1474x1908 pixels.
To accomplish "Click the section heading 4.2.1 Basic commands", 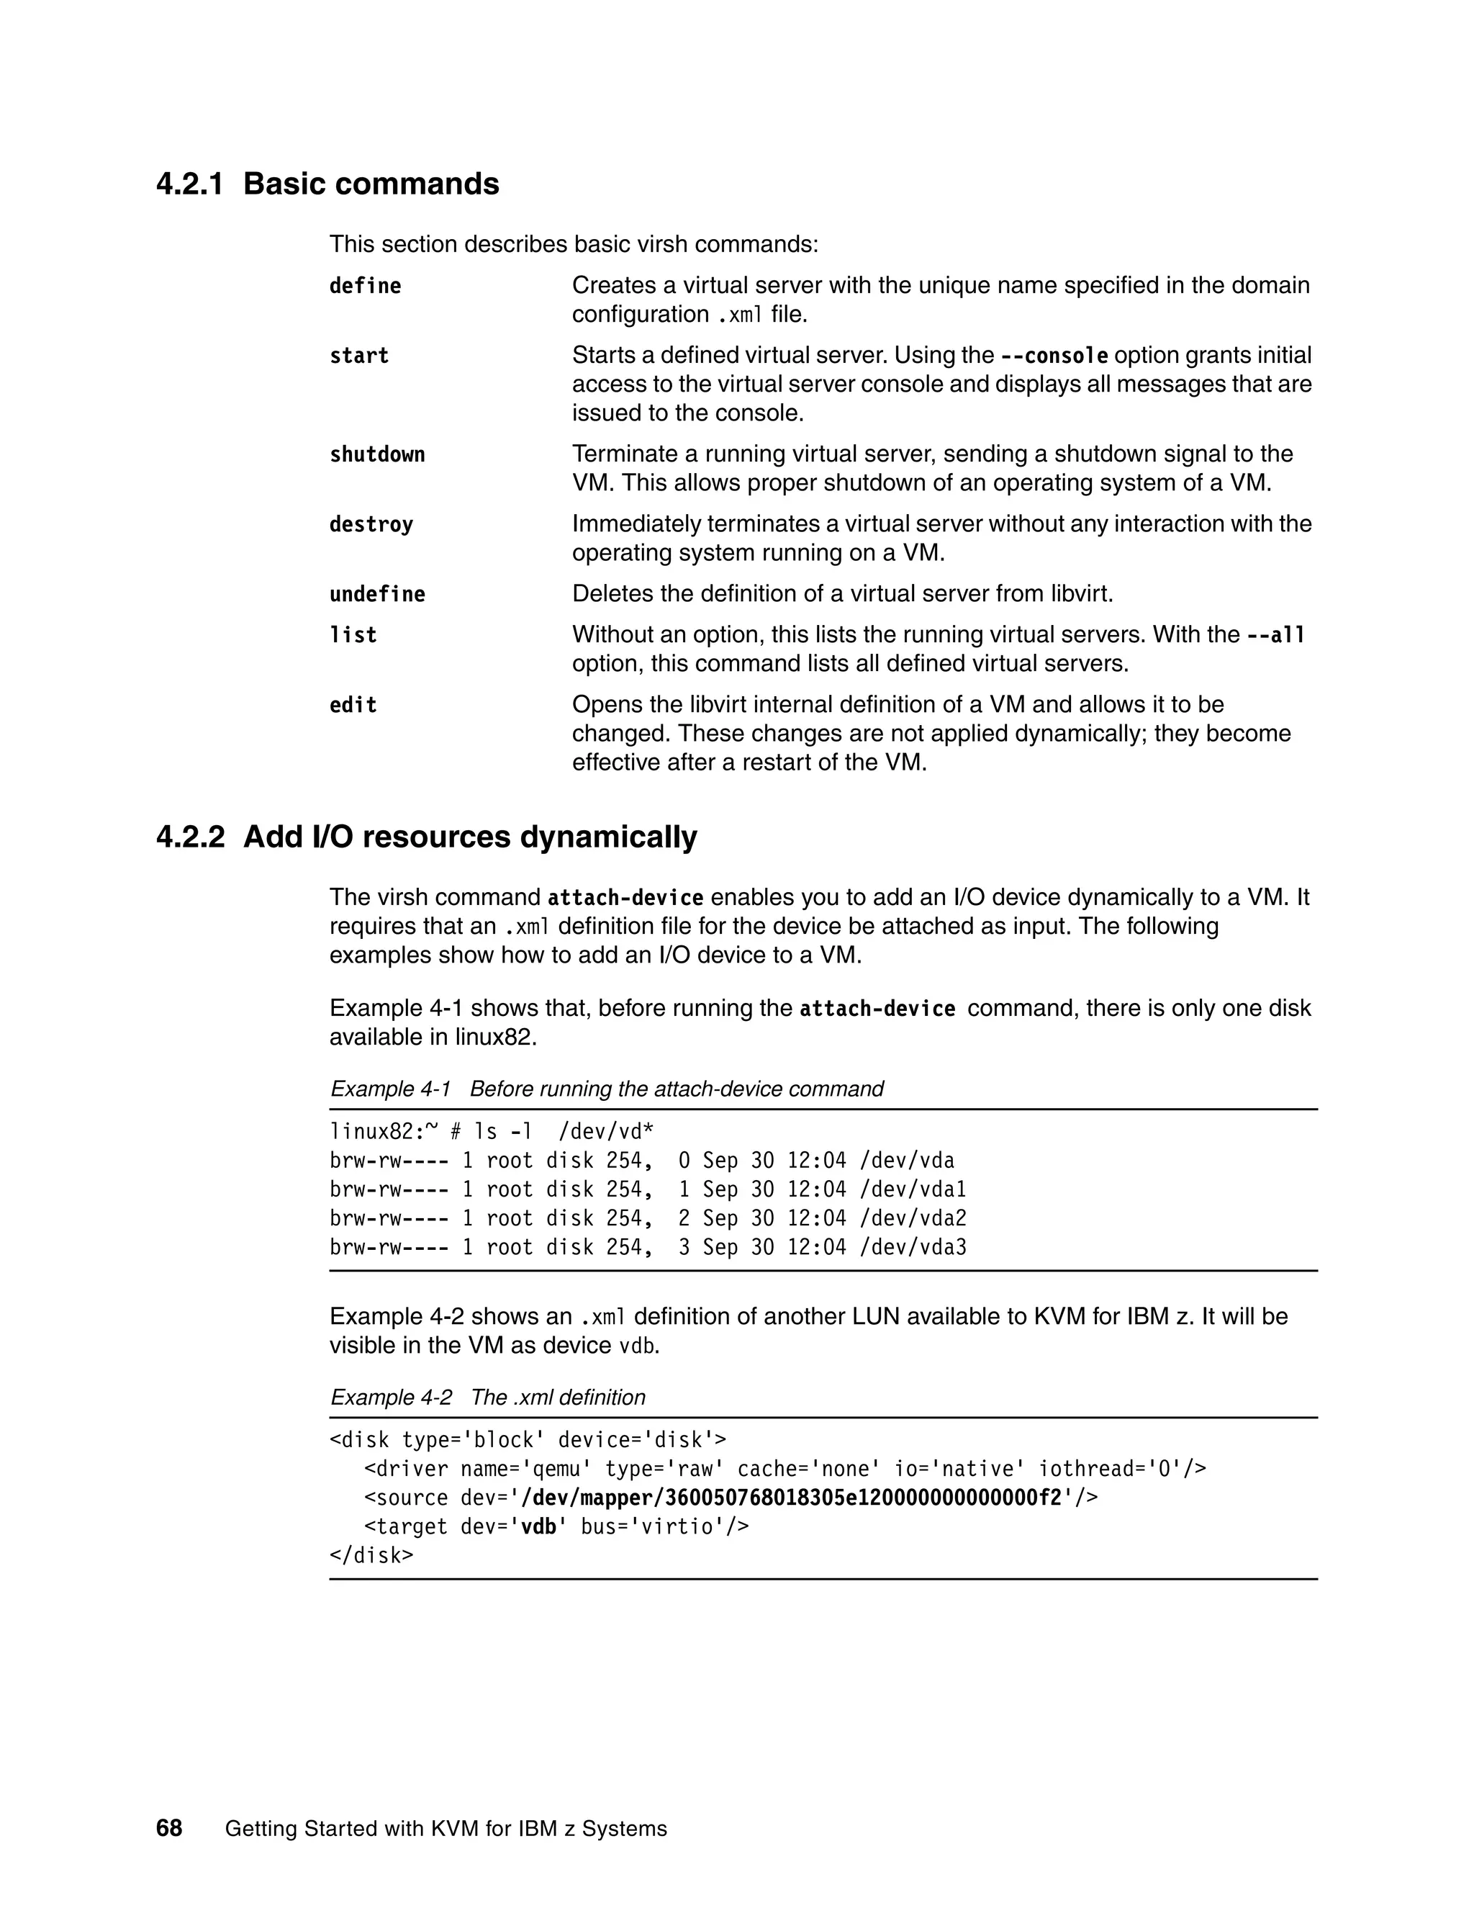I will pos(327,184).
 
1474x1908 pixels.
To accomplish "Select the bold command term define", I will pos(365,287).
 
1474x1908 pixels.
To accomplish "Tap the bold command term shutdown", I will pos(376,455).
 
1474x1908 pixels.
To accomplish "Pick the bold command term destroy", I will pos(371,525).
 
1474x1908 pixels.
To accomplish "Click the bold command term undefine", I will pos(376,595).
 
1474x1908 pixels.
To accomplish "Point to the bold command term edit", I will pos(353,706).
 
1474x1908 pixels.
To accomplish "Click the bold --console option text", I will pos(1054,356).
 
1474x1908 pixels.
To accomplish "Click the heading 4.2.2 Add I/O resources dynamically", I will pos(426,837).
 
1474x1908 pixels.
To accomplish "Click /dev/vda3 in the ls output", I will pos(913,1248).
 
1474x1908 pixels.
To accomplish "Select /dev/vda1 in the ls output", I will pos(913,1190).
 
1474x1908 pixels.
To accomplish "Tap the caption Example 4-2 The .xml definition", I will pos(487,1398).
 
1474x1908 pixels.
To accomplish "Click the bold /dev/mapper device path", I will pos(791,1498).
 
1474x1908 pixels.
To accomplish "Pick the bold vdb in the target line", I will pos(539,1527).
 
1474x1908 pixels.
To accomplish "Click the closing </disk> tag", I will pos(371,1556).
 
